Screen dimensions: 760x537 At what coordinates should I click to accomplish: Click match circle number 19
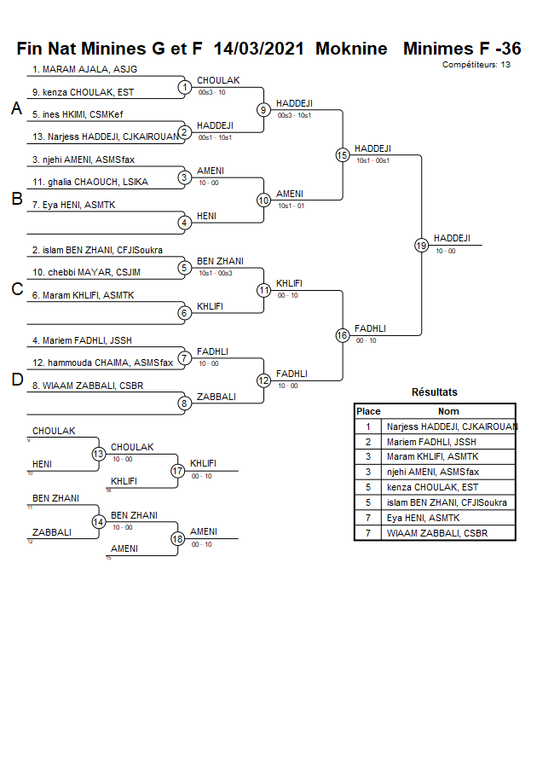[421, 245]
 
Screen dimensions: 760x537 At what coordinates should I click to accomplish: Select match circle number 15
[342, 154]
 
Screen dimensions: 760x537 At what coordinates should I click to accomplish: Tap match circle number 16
[342, 335]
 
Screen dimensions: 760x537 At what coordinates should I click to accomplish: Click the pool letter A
[15, 109]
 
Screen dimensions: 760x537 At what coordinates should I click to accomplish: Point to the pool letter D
[15, 380]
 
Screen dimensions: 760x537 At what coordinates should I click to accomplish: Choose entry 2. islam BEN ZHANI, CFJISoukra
[97, 250]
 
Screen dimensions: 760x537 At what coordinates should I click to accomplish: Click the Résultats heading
[434, 392]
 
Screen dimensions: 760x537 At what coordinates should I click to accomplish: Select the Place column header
[368, 411]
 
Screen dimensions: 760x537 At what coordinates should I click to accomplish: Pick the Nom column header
[448, 411]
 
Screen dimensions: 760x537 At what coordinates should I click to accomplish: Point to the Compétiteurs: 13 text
[476, 64]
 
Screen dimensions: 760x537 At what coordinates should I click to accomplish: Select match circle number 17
[177, 470]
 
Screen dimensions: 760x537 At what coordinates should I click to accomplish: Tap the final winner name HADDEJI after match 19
[451, 239]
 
